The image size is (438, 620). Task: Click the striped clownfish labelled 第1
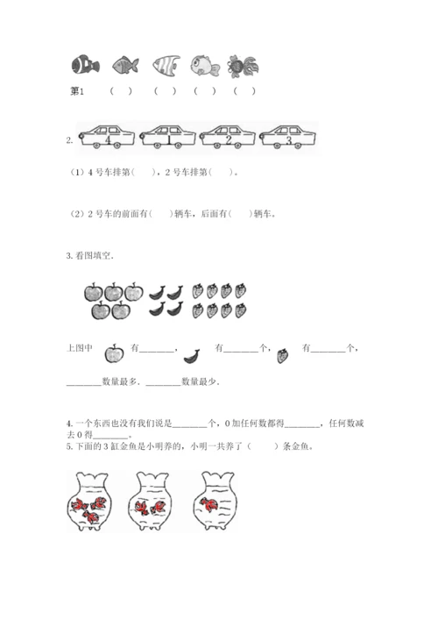tap(85, 64)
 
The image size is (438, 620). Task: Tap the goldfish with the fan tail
tap(243, 66)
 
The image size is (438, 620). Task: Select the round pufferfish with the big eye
tap(205, 65)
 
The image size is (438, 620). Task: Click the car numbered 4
tap(107, 137)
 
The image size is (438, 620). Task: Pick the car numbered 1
tap(167, 137)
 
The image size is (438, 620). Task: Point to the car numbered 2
tap(228, 137)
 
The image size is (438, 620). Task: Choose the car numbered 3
tap(287, 137)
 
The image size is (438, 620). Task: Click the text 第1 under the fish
tap(77, 91)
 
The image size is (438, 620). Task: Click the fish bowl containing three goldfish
tap(89, 501)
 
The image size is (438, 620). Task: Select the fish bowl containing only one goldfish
tap(215, 500)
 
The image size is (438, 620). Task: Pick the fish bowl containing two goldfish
tap(151, 501)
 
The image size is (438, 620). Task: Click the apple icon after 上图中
tap(114, 353)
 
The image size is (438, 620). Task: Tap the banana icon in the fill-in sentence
tap(192, 356)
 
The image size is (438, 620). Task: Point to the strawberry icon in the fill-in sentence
tap(282, 355)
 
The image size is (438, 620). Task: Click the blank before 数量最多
tap(84, 384)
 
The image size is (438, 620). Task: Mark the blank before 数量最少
tap(163, 384)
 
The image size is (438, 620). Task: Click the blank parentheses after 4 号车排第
tap(143, 173)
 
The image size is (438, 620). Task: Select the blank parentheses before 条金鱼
tap(263, 446)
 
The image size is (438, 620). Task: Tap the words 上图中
tap(80, 348)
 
